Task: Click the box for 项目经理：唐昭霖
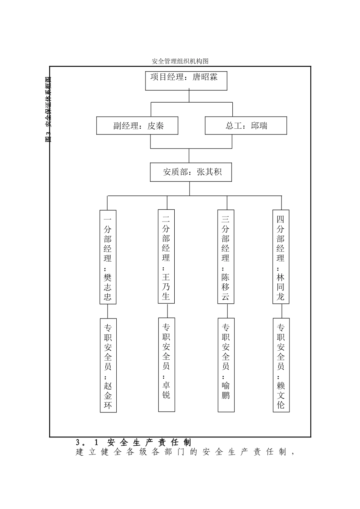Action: [186, 80]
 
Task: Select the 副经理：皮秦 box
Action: [137, 125]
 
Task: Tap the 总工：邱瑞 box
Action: [246, 125]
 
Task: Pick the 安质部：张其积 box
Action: [191, 172]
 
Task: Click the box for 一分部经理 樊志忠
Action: [108, 257]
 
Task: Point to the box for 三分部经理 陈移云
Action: [226, 257]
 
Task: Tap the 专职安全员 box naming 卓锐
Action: [166, 364]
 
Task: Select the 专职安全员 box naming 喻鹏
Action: [226, 365]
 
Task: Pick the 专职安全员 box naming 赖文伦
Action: [281, 365]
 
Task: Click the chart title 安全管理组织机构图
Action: [180, 61]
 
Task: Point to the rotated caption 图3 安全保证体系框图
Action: [48, 109]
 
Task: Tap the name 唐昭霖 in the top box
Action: [205, 77]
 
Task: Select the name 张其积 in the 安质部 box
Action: [209, 172]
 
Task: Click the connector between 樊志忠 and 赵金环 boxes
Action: [108, 311]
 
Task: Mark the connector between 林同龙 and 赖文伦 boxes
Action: [281, 311]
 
